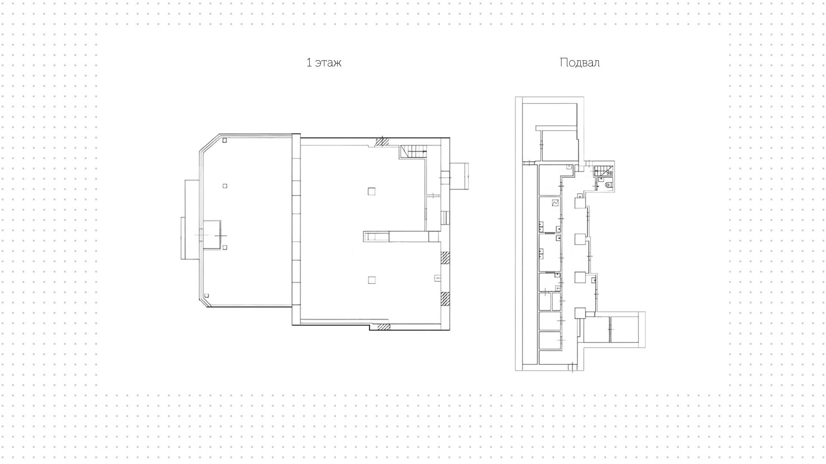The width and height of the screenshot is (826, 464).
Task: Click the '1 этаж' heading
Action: coord(324,63)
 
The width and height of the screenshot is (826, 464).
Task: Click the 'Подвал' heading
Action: coord(579,63)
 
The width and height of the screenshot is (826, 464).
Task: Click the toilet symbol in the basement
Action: coord(608,185)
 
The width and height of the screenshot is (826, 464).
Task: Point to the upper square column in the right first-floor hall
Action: coord(372,191)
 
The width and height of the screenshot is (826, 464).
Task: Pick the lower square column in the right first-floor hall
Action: coord(372,280)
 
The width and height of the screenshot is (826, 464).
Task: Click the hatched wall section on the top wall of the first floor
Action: coord(382,142)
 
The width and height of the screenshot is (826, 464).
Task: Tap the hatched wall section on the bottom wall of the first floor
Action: coord(383,327)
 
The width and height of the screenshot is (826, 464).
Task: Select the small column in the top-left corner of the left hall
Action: coord(225,140)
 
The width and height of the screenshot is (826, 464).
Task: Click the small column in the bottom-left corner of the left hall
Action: coord(207,296)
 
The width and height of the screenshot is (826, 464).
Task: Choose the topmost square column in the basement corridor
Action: coord(579,203)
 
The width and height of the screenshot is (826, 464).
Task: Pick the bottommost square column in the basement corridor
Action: coord(580,313)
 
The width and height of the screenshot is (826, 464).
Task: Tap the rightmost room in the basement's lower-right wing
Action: coord(623,329)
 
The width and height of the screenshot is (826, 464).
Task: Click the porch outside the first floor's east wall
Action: coord(459,176)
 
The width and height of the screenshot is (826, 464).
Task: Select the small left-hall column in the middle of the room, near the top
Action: coord(225,186)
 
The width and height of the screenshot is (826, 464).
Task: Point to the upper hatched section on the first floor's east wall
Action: coord(445,257)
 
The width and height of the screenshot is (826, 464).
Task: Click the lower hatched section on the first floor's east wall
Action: coord(445,298)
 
